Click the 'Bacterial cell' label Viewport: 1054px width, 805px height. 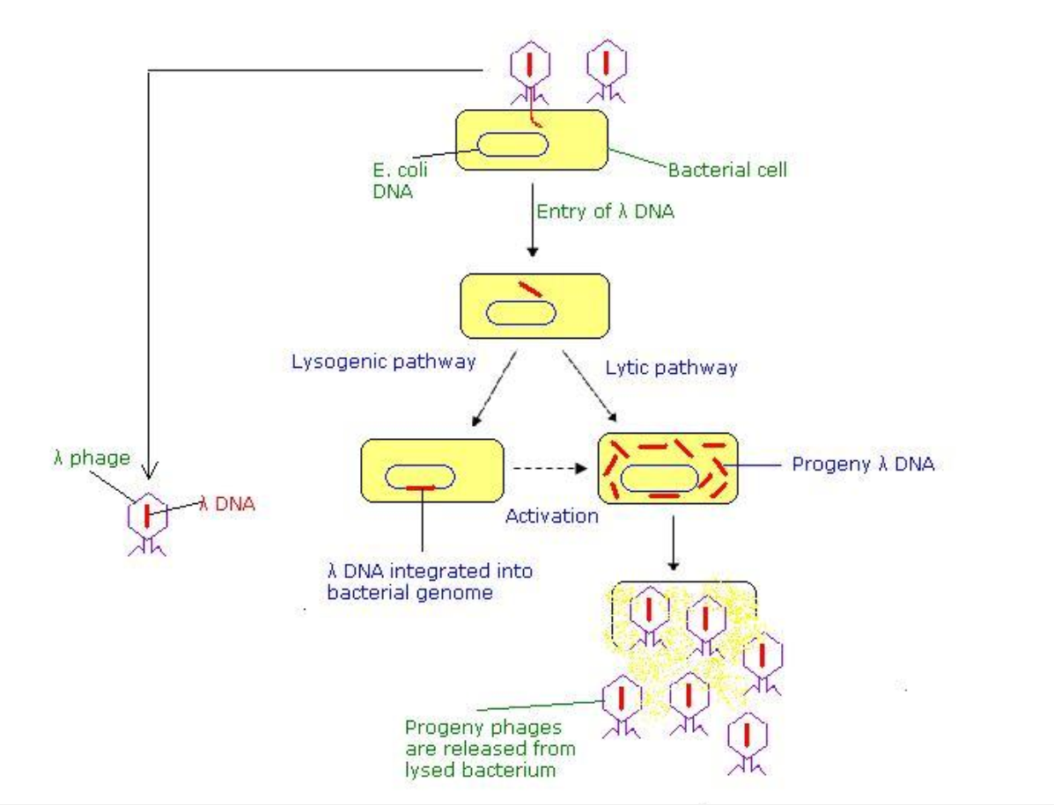click(727, 170)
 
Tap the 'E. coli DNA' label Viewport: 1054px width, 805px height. click(400, 180)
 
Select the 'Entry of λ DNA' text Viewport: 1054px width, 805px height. click(605, 211)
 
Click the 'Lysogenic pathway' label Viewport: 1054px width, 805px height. click(383, 362)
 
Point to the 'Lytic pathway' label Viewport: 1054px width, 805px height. click(671, 368)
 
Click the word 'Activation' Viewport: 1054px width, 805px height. click(552, 516)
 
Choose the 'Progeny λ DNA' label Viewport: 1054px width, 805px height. click(863, 464)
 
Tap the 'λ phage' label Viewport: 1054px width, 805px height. click(92, 457)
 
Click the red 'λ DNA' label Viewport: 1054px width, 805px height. click(227, 503)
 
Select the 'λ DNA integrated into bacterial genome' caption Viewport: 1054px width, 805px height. click(430, 582)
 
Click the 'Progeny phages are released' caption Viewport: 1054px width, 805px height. click(490, 748)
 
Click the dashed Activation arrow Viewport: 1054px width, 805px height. click(549, 468)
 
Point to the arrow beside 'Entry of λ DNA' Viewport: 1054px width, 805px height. click(533, 220)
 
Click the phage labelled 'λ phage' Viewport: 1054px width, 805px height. click(147, 523)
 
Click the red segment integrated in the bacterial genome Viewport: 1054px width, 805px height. click(421, 487)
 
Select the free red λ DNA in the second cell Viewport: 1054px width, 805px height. click(530, 289)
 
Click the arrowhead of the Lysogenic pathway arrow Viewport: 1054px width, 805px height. click(475, 421)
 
